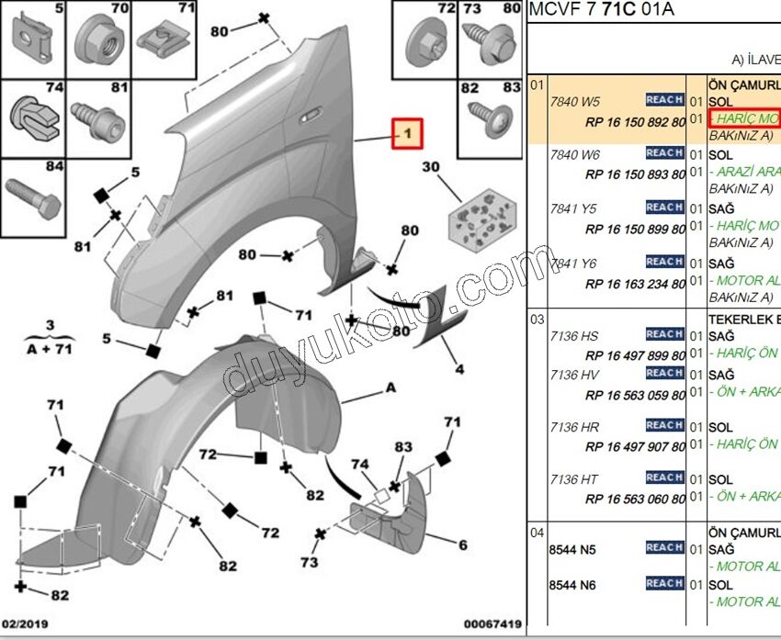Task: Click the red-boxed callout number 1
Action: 407,134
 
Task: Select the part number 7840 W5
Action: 574,101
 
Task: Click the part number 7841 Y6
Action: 574,263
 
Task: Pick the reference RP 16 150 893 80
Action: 635,174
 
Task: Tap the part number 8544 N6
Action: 572,585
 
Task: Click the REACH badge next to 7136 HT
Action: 663,477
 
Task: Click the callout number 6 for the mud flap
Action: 463,545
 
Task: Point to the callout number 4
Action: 458,370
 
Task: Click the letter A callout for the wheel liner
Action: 390,388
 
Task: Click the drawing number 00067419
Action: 491,624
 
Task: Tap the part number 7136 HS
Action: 574,336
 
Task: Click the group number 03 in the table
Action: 537,320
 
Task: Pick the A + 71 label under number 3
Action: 50,348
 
